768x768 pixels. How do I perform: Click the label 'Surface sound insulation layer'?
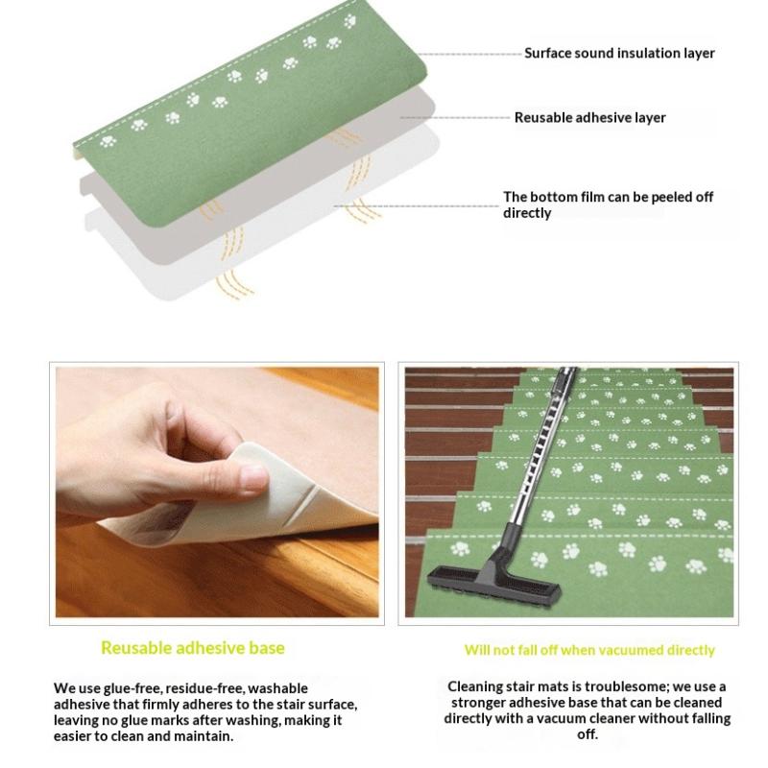pyautogui.click(x=619, y=54)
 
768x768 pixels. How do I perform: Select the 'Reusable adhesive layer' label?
pyautogui.click(x=589, y=118)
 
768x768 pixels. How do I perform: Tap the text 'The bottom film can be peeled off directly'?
pyautogui.click(x=608, y=204)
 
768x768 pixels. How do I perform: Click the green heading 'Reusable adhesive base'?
pyautogui.click(x=193, y=648)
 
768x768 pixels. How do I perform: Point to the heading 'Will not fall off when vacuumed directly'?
pyautogui.click(x=589, y=650)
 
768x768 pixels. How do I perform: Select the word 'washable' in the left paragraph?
pyautogui.click(x=277, y=688)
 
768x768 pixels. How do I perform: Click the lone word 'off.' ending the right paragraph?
pyautogui.click(x=588, y=734)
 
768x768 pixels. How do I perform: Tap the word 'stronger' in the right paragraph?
pyautogui.click(x=477, y=703)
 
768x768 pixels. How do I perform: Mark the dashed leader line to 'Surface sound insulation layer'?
pyautogui.click(x=470, y=54)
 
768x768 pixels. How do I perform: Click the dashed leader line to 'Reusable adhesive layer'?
pyautogui.click(x=455, y=118)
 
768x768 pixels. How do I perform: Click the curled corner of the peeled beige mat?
pyautogui.click(x=254, y=461)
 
